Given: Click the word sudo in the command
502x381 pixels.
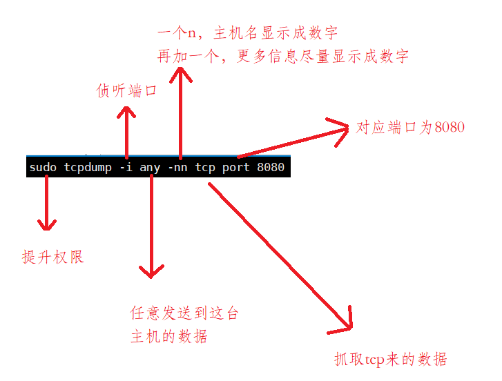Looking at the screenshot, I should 43,168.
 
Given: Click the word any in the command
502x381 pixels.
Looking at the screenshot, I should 150,168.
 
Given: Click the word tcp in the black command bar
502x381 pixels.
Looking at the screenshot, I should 205,168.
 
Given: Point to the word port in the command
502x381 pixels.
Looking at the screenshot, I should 236,168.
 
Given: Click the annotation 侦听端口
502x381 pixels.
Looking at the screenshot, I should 126,91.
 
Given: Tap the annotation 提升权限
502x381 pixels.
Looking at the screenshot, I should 52,257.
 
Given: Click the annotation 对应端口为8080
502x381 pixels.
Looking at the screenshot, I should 410,128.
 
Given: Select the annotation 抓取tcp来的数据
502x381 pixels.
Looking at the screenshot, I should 390,359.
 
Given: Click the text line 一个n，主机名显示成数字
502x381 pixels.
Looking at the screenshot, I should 247,33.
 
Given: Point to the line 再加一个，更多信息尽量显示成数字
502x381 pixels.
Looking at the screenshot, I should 283,56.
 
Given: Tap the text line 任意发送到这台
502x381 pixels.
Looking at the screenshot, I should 184,313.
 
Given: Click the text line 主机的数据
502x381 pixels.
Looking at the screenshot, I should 168,337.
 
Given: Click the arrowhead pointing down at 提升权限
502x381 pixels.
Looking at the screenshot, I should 47,224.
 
